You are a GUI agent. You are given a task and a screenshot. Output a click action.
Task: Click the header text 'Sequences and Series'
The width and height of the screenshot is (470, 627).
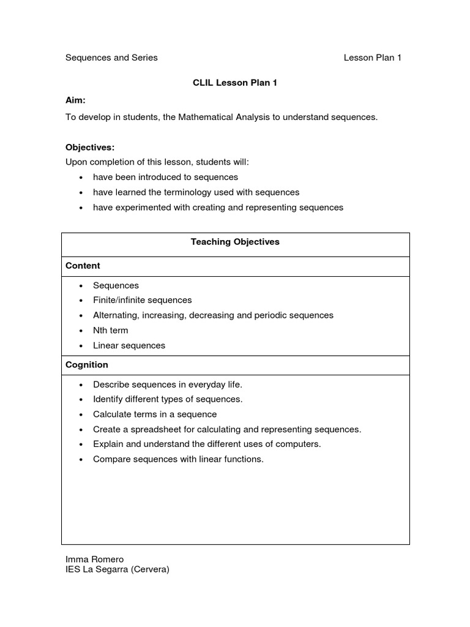(111, 58)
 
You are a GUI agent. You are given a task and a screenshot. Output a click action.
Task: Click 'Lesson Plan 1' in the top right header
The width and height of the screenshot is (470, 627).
(372, 58)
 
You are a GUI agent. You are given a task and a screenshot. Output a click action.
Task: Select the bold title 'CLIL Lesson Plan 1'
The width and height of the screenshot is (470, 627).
(235, 83)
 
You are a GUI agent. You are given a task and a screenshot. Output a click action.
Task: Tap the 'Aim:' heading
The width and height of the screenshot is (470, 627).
(75, 99)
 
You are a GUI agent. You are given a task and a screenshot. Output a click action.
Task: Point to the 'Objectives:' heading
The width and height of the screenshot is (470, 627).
(90, 148)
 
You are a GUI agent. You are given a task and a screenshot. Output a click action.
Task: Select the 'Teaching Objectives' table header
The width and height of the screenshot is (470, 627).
(235, 242)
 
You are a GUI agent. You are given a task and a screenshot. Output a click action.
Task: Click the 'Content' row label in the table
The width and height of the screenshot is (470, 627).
(83, 266)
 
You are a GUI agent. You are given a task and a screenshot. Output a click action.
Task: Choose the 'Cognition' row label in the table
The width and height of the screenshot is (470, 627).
(87, 365)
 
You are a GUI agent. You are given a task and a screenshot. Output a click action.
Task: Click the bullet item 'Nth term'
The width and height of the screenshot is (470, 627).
(111, 330)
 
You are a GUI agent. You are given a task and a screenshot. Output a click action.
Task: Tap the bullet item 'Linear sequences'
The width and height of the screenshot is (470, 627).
(129, 345)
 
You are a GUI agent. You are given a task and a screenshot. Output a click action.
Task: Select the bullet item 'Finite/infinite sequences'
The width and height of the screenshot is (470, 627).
(142, 300)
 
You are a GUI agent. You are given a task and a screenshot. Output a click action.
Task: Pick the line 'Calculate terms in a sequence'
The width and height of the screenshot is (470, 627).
(155, 414)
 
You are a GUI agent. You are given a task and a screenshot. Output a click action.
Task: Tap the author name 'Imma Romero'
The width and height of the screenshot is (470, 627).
(94, 559)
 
